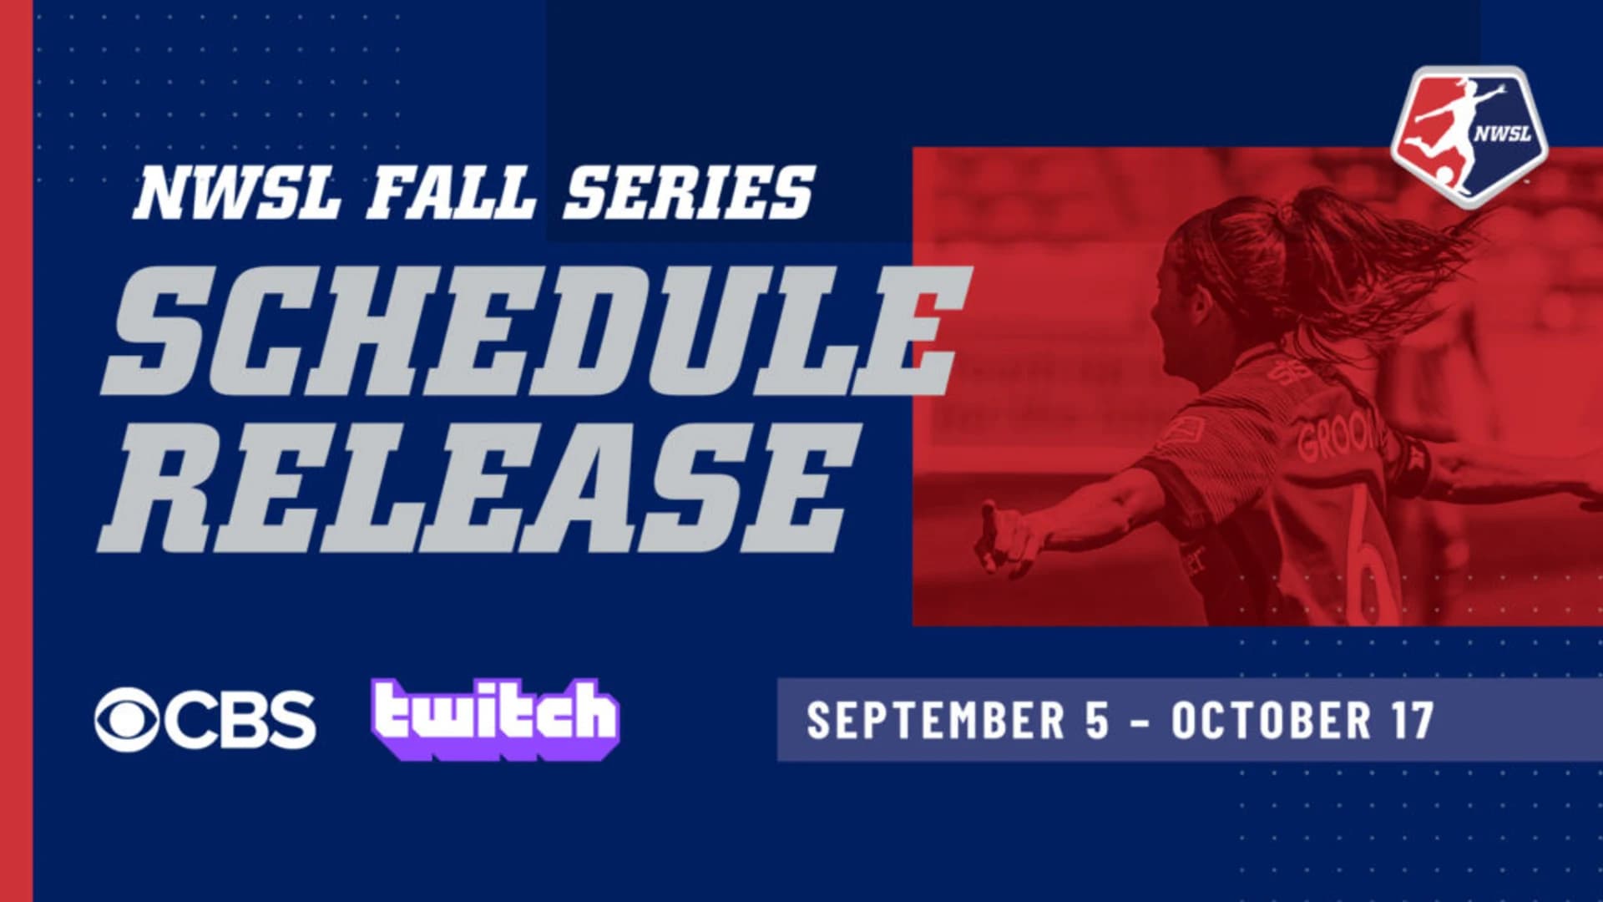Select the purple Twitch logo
pyautogui.click(x=495, y=718)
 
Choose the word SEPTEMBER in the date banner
pyautogui.click(x=936, y=720)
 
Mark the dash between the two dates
pyautogui.click(x=1140, y=722)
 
